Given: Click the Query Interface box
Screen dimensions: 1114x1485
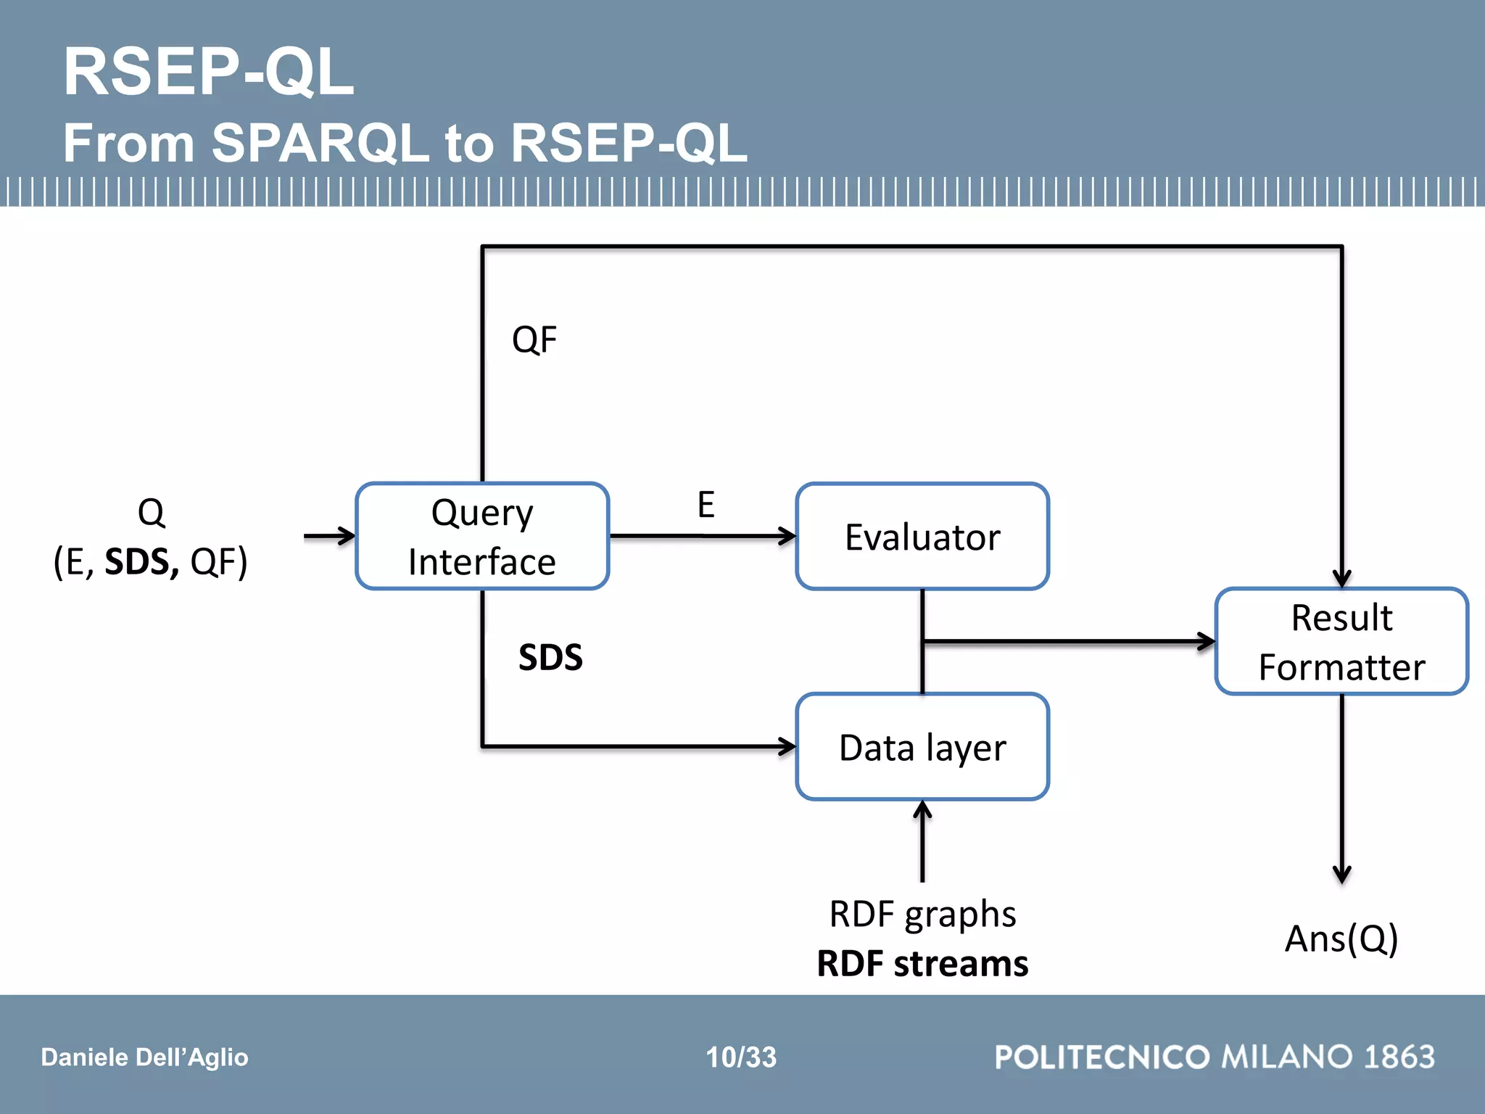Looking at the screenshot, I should click(482, 537).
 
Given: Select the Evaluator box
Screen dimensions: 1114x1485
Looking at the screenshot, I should click(922, 537).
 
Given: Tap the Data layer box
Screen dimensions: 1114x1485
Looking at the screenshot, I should click(922, 747).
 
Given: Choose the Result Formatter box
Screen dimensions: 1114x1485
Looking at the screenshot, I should click(1341, 642).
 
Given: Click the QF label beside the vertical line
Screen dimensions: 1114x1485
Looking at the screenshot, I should click(534, 339).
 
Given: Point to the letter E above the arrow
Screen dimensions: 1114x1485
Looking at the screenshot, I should click(706, 504).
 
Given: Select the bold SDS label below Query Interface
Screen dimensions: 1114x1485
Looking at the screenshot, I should click(550, 657).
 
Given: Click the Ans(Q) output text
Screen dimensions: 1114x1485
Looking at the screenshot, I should click(1341, 938).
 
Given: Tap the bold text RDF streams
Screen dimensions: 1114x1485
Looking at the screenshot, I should click(922, 964).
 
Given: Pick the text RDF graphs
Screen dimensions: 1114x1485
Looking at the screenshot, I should click(922, 914).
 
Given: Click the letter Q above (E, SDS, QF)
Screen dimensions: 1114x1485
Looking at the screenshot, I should click(151, 512).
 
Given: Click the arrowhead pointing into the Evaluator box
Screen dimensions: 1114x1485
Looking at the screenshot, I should click(788, 537).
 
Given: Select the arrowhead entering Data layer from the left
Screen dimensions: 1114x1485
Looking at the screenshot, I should click(788, 746).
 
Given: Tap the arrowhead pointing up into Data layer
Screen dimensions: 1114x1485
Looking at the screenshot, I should click(922, 809).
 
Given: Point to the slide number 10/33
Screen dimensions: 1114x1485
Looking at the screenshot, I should click(741, 1057).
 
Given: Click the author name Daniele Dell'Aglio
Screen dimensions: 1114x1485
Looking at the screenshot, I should click(144, 1057).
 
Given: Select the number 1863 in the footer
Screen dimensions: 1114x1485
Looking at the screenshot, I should click(1399, 1057).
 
